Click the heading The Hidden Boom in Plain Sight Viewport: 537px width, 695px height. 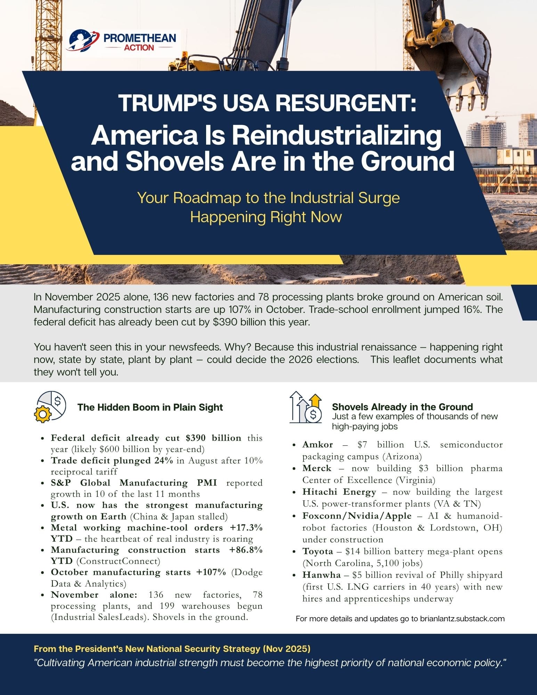(x=150, y=407)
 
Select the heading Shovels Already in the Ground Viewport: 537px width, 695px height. (x=402, y=407)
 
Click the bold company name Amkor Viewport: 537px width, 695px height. (x=317, y=444)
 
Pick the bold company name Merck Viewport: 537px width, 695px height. (x=317, y=468)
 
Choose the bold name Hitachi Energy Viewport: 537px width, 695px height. (x=339, y=492)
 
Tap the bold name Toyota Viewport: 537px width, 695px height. (x=317, y=551)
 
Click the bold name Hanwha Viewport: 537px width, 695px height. (x=321, y=575)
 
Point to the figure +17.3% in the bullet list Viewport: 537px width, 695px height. (x=246, y=527)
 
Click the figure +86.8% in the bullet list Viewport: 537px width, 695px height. (x=246, y=550)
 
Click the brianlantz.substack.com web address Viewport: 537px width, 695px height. (x=462, y=619)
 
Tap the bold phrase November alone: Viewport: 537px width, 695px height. (x=94, y=595)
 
